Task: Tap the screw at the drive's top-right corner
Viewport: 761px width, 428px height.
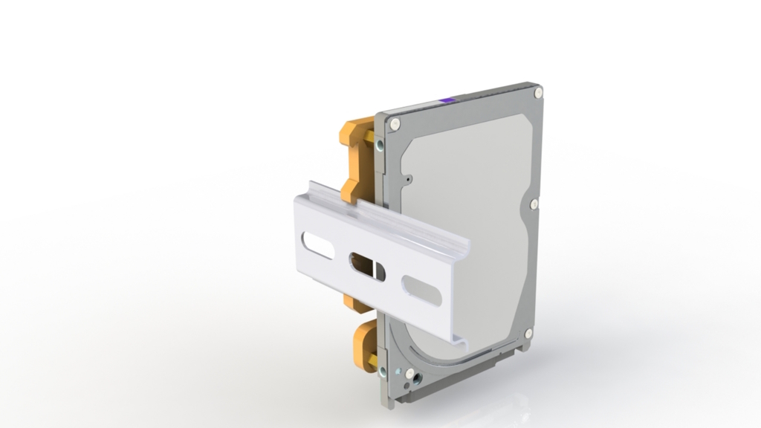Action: pyautogui.click(x=538, y=92)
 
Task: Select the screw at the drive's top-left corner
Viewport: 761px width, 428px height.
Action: pyautogui.click(x=395, y=123)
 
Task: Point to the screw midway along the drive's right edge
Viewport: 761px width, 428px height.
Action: pyautogui.click(x=534, y=203)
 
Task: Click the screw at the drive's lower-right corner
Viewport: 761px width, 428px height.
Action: pyautogui.click(x=528, y=334)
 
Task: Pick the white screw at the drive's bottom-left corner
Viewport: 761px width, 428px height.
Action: pyautogui.click(x=409, y=373)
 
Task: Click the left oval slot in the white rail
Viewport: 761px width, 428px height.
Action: pyautogui.click(x=318, y=245)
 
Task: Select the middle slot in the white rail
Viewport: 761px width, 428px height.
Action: pyautogui.click(x=367, y=266)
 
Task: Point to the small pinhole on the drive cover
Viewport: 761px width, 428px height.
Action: pyautogui.click(x=409, y=178)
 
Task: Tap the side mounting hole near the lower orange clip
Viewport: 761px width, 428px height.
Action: pyautogui.click(x=383, y=369)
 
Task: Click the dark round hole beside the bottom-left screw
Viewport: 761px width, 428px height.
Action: pyautogui.click(x=418, y=377)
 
